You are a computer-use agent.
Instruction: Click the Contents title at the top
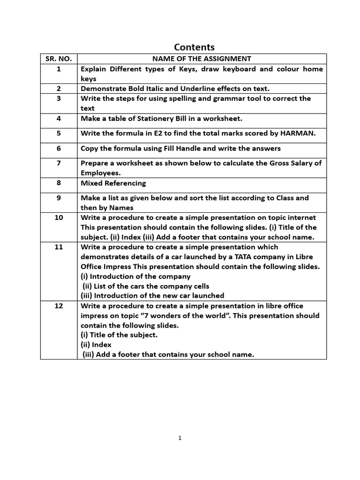(x=194, y=47)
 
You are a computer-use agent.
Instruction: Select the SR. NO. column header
(x=59, y=59)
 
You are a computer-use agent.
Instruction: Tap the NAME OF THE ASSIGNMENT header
(x=202, y=59)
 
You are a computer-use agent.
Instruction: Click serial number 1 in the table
(x=59, y=69)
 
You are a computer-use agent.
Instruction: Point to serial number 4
(x=59, y=119)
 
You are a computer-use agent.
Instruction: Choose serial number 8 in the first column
(x=59, y=183)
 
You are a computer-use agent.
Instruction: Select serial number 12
(x=59, y=306)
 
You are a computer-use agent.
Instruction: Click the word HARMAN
(x=298, y=134)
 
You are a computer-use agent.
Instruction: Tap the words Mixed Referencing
(x=113, y=183)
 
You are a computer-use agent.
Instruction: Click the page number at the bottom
(x=180, y=438)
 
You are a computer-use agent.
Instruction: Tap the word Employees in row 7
(x=98, y=173)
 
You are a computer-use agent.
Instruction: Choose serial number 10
(x=59, y=217)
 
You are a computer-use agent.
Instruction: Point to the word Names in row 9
(x=121, y=208)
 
